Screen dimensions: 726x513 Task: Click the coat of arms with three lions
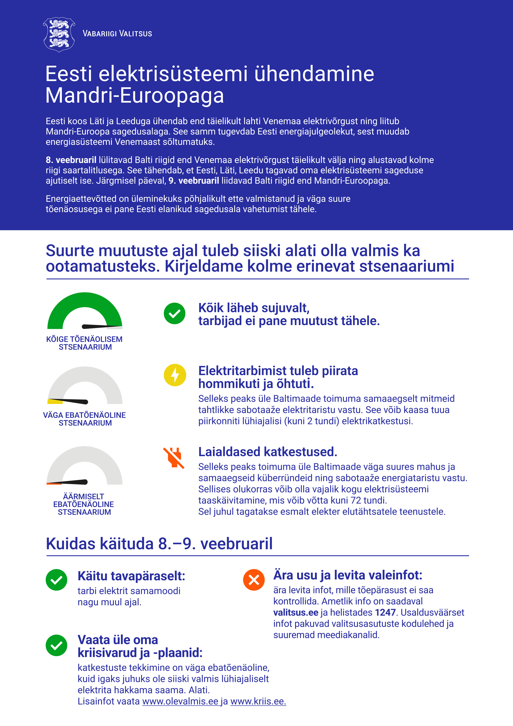pos(59,34)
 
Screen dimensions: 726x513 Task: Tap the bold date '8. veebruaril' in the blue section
pos(71,160)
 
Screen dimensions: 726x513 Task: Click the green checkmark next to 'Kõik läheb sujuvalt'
pos(174,313)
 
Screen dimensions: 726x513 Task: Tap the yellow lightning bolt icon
pos(175,375)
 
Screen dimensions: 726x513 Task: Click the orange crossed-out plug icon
pos(174,458)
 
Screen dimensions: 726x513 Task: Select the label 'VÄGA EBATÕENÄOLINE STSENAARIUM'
pos(84,419)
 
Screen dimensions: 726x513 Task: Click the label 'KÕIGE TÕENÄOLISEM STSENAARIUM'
pos(84,343)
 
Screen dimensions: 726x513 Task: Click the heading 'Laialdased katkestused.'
pos(267,452)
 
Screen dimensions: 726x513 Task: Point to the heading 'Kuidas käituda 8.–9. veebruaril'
pos(159,544)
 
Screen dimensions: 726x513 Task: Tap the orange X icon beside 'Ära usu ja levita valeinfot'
pos(253,580)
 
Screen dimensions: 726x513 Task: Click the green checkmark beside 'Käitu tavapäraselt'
pos(56,580)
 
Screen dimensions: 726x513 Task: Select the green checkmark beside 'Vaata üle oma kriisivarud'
pos(56,645)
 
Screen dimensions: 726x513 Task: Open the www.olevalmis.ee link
pos(180,701)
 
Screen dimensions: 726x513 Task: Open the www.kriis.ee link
pos(258,701)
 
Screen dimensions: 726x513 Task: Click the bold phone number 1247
pos(385,612)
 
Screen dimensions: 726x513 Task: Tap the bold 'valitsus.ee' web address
pos(296,612)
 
